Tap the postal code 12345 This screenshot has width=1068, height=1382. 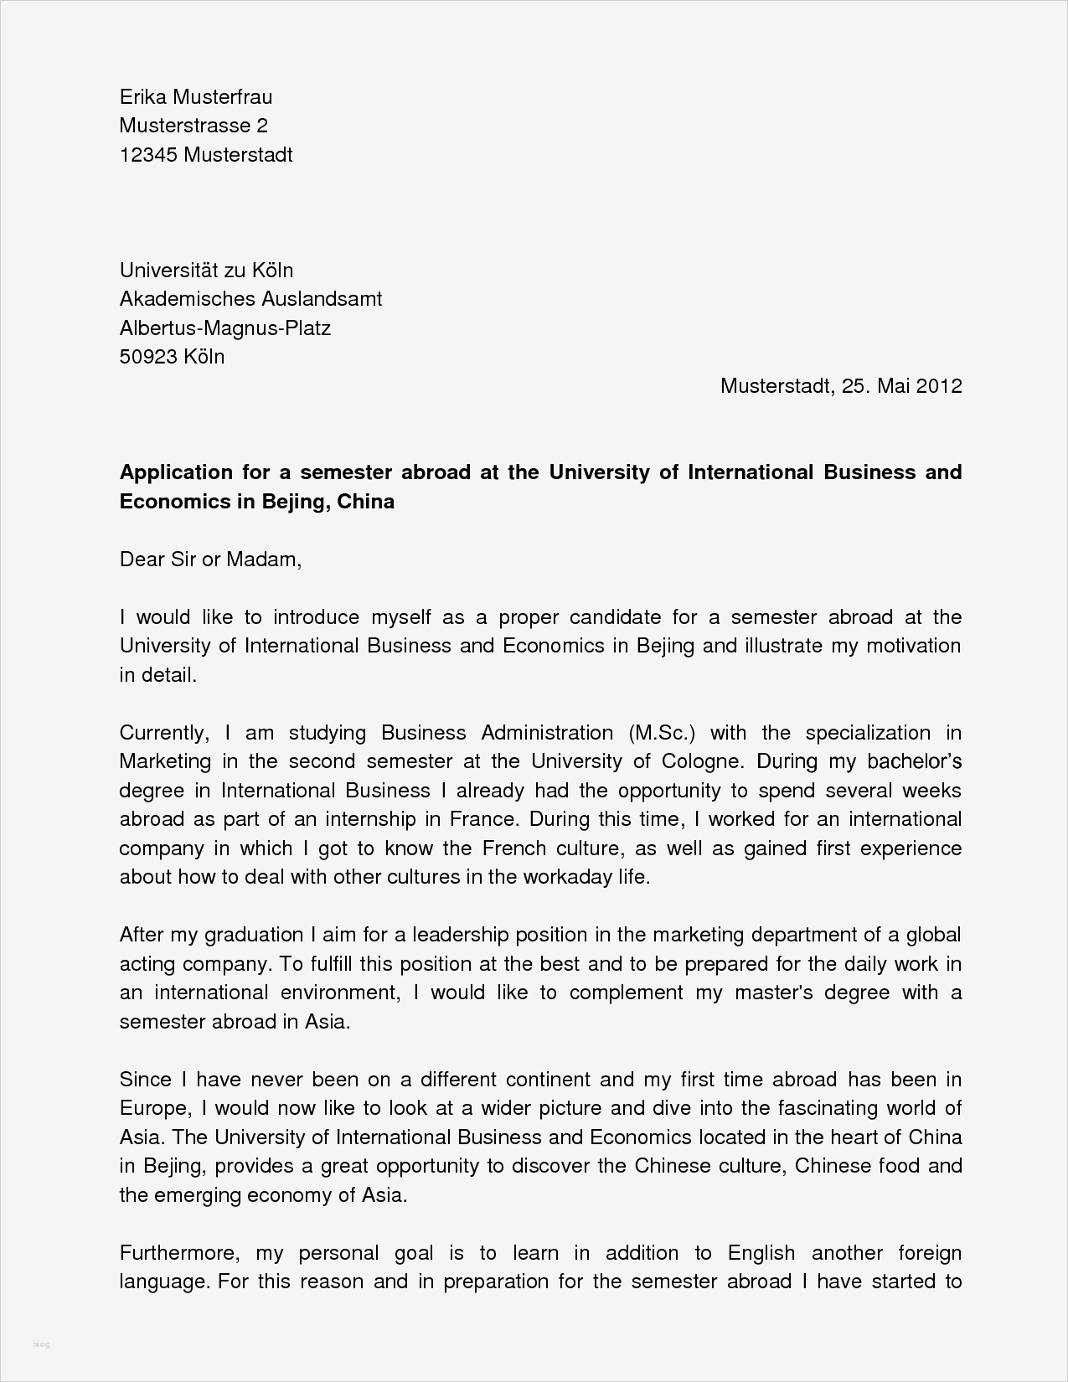[147, 155]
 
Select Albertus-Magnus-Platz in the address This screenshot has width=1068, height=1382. [225, 327]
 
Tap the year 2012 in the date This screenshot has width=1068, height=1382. [939, 386]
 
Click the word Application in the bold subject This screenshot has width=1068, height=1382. [175, 472]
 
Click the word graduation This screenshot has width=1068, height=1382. [254, 935]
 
